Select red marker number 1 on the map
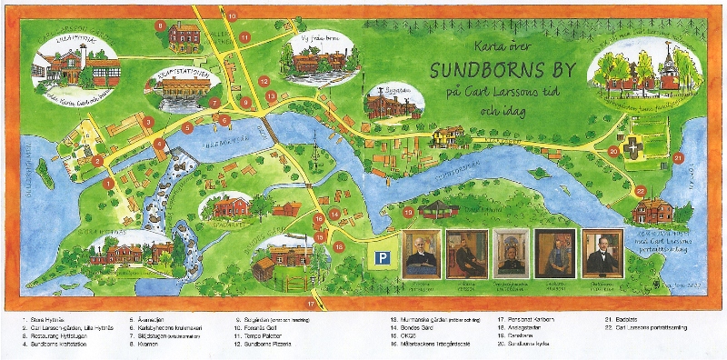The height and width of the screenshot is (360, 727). coord(108,183)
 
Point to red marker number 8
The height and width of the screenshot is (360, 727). coord(161,25)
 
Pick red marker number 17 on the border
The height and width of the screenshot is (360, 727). coord(311,304)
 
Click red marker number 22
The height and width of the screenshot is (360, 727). coord(641,191)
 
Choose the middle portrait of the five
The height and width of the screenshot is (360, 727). coord(510,253)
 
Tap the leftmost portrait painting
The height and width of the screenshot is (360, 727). coord(423,253)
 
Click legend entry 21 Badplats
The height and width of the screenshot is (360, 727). coord(625,320)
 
